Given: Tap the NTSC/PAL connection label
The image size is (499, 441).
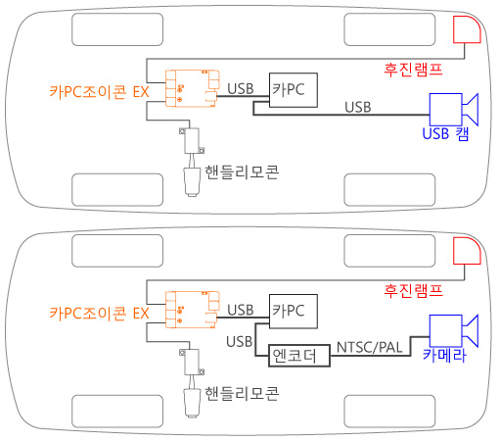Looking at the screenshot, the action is (369, 348).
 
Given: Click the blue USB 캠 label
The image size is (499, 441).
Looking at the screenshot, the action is (445, 133).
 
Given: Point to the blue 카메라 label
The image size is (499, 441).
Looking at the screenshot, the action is (444, 355).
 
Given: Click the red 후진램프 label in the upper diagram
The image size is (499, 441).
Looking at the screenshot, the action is (413, 70).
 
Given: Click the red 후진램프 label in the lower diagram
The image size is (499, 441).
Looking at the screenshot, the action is (413, 291).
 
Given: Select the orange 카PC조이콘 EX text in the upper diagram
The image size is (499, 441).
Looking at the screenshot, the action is (99, 92).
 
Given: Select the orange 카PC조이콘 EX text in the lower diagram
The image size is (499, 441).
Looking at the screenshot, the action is (99, 313).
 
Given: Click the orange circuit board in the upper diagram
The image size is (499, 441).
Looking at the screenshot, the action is (192, 88).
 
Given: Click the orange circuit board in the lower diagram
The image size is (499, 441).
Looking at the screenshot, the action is (192, 310).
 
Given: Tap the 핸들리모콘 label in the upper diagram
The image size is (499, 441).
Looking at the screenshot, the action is (242, 172).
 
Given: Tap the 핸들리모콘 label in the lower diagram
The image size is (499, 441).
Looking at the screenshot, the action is (242, 394).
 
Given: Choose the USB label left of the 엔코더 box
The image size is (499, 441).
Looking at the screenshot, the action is (240, 342).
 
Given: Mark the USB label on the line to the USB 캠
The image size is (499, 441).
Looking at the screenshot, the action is (358, 107).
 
